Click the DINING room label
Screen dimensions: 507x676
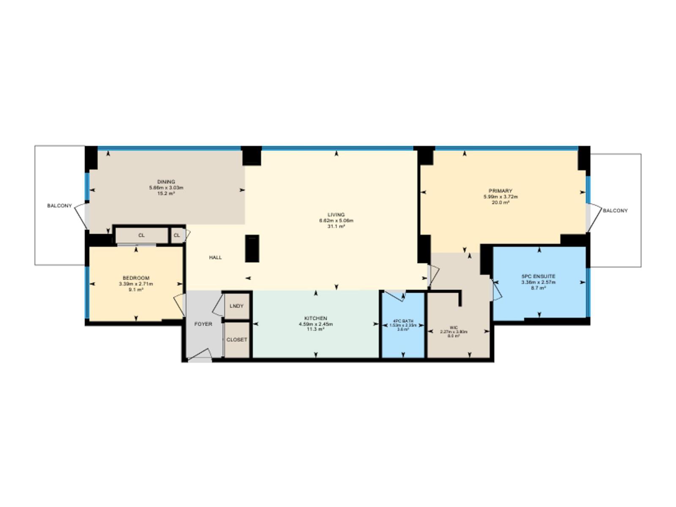(x=166, y=182)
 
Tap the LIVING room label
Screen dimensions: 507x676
(x=336, y=215)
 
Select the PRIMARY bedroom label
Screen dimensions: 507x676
(x=500, y=191)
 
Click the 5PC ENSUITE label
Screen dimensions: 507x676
(x=538, y=276)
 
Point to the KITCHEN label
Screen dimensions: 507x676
(x=316, y=318)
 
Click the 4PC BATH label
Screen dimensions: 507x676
(x=403, y=321)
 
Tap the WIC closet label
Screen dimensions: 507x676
(x=454, y=327)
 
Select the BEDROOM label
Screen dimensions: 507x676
(x=136, y=278)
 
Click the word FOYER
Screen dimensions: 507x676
(x=203, y=324)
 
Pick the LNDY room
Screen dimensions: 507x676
(x=237, y=306)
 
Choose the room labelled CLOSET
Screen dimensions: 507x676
(x=237, y=340)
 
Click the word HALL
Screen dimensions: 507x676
(x=215, y=257)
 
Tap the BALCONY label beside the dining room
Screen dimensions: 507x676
(x=59, y=206)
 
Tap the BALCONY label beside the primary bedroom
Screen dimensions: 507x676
(x=615, y=210)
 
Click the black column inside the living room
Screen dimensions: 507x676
(x=252, y=248)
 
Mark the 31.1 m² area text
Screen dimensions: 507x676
(x=336, y=226)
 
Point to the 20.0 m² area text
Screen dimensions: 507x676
(x=500, y=202)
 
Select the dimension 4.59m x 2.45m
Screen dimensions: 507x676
(x=316, y=324)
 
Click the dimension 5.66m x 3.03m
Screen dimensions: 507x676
(x=166, y=188)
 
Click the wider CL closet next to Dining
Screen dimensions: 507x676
(x=142, y=235)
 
